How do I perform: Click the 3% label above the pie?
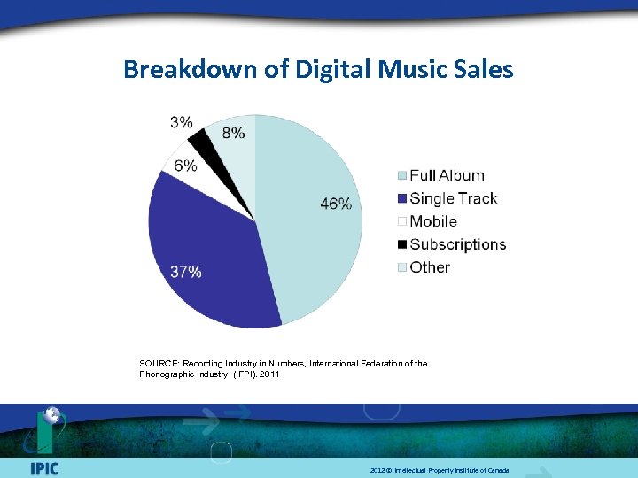(182, 122)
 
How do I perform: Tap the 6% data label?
(186, 166)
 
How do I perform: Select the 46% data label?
(336, 204)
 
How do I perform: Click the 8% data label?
(234, 133)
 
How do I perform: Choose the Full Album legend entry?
(446, 175)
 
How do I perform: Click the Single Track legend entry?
(453, 198)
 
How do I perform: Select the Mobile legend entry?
(433, 221)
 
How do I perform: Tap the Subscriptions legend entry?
(457, 244)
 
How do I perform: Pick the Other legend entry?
(429, 267)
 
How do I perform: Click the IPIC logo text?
(43, 468)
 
